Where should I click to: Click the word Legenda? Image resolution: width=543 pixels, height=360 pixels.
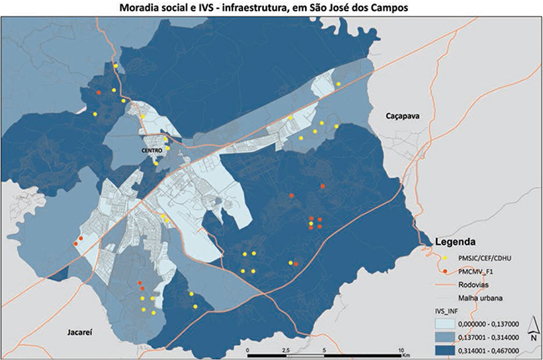[459, 241]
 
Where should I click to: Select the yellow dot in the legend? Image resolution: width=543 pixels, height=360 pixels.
[444, 258]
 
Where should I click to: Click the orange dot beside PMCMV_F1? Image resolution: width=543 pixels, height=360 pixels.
[444, 271]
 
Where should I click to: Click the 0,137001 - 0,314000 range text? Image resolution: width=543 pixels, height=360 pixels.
[494, 336]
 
